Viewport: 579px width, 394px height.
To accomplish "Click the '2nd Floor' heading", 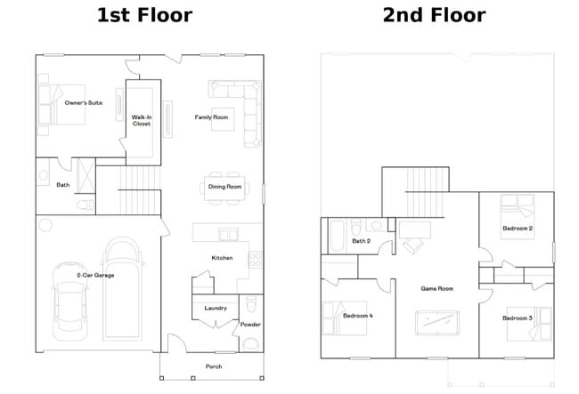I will point(434,16).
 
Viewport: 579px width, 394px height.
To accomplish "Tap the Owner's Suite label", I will point(83,103).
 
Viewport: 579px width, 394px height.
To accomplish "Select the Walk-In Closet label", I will point(142,120).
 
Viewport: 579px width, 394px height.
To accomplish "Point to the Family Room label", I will point(212,117).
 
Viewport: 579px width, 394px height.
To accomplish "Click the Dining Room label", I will point(224,187).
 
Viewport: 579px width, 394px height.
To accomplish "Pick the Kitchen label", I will point(222,258).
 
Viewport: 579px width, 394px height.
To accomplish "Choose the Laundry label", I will point(216,308).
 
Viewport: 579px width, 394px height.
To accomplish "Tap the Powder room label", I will point(249,325).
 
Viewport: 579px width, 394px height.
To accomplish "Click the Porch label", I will point(214,366).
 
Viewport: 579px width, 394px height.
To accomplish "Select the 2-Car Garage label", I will point(95,275).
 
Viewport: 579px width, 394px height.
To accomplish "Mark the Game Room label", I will point(437,288).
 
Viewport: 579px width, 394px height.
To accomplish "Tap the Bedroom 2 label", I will point(518,229).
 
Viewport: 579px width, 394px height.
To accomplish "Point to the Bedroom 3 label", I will point(517,318).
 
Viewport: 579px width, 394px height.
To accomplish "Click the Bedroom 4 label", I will point(358,316).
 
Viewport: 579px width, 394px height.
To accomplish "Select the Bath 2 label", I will point(361,241).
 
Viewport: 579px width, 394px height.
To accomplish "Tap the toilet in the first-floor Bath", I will point(86,205).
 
